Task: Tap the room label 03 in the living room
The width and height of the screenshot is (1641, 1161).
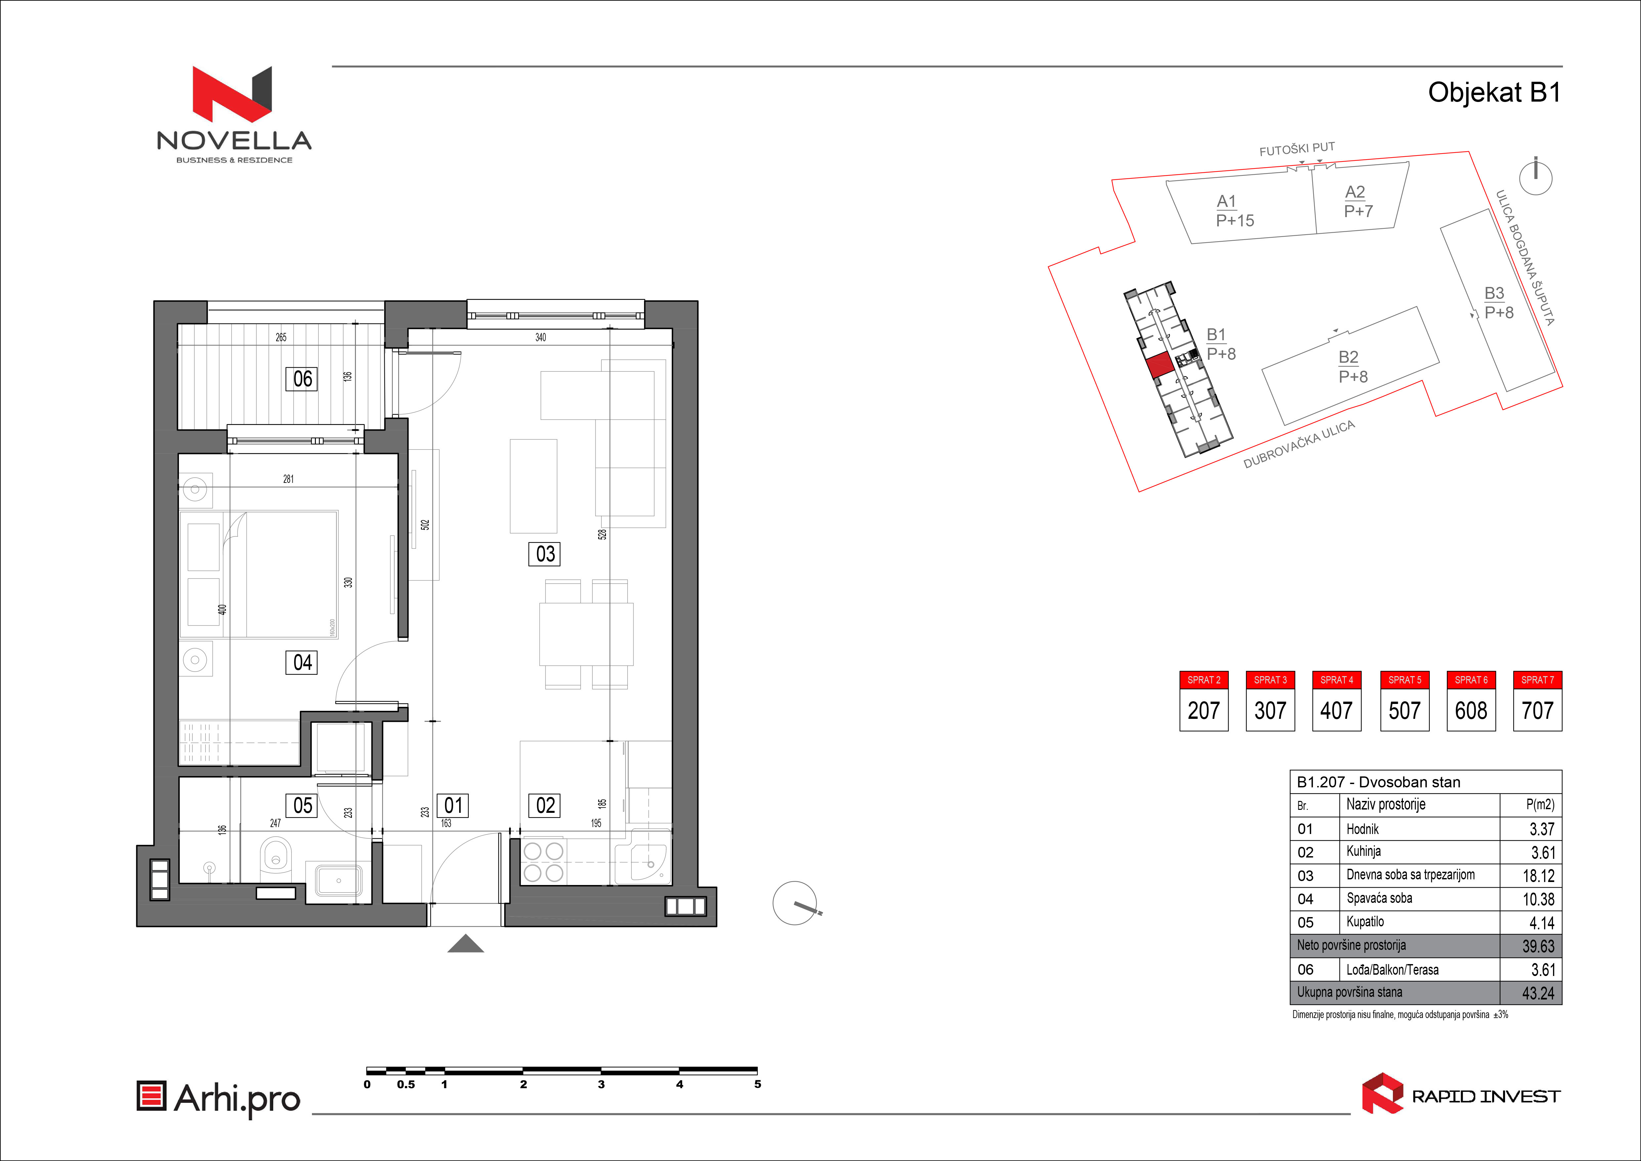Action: pos(544,554)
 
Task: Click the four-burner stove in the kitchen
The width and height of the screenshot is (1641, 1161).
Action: pos(544,861)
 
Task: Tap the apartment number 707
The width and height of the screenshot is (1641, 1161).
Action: pos(1537,711)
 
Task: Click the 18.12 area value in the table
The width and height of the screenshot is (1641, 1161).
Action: pos(1538,876)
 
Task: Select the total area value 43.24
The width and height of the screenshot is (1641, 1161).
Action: pos(1538,993)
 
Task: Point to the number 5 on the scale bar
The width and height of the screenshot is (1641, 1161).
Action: pos(757,1085)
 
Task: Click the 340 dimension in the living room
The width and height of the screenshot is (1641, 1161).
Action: pos(540,338)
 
